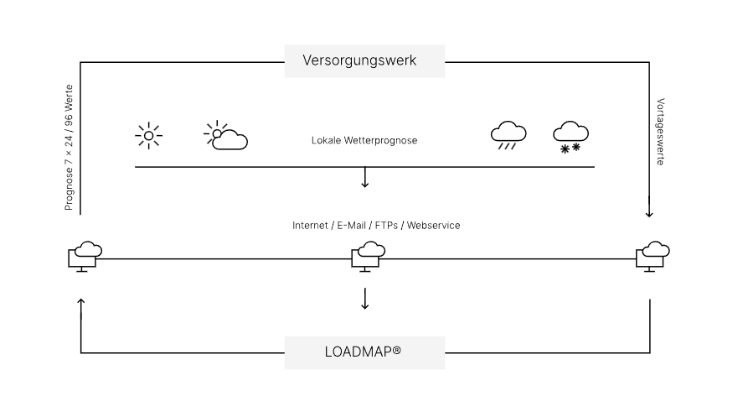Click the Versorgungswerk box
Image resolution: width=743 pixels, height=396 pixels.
click(364, 61)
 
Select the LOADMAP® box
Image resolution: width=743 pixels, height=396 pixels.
click(364, 352)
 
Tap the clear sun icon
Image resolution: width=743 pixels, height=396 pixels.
click(149, 135)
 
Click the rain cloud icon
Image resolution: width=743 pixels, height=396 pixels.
click(508, 134)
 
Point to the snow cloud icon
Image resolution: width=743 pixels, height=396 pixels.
click(570, 137)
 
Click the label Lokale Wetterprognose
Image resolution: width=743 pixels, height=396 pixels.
click(364, 141)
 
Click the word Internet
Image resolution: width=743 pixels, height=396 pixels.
click(311, 226)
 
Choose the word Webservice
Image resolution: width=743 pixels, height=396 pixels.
click(434, 226)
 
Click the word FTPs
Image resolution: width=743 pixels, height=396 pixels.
click(386, 226)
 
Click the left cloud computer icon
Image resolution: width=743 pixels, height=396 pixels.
click(85, 255)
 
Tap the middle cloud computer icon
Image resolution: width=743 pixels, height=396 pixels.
click(367, 255)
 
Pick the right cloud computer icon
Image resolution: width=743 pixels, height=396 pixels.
click(652, 255)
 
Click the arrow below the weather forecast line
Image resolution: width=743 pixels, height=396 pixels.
click(364, 178)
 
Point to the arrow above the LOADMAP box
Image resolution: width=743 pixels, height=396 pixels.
click(364, 299)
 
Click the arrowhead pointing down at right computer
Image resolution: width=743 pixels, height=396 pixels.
click(649, 213)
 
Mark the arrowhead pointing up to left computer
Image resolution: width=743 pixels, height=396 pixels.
click(80, 301)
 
